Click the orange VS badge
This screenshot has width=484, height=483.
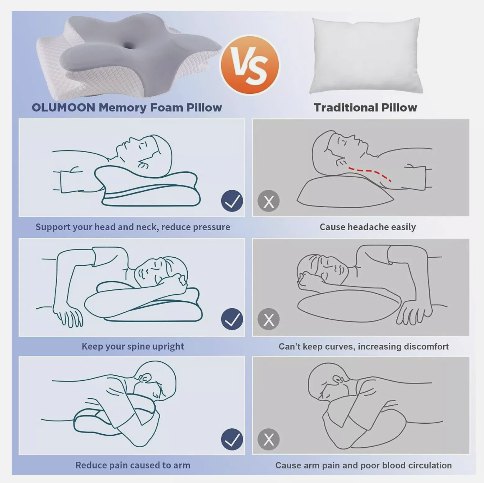pyautogui.click(x=250, y=65)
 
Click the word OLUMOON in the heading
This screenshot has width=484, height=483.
pyautogui.click(x=63, y=108)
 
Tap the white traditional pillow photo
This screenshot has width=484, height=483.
pyautogui.click(x=366, y=55)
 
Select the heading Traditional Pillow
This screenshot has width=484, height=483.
pyautogui.click(x=365, y=108)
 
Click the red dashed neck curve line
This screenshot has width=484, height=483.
pyautogui.click(x=370, y=173)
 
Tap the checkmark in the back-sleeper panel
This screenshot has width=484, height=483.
pyautogui.click(x=232, y=201)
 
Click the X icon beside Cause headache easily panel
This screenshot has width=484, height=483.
pyautogui.click(x=268, y=201)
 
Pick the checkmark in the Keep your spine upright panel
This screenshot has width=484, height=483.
pyautogui.click(x=232, y=319)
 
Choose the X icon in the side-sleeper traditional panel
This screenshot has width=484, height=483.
pyautogui.click(x=268, y=319)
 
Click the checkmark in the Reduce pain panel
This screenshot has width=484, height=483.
pyautogui.click(x=232, y=439)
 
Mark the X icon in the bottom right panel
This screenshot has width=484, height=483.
pyautogui.click(x=268, y=439)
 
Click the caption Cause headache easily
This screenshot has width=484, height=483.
pyautogui.click(x=368, y=227)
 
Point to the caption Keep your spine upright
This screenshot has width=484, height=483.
pyautogui.click(x=133, y=346)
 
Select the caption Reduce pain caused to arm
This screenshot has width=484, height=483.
pyautogui.click(x=133, y=465)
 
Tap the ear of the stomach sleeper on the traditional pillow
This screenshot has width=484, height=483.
pyautogui.click(x=338, y=380)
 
